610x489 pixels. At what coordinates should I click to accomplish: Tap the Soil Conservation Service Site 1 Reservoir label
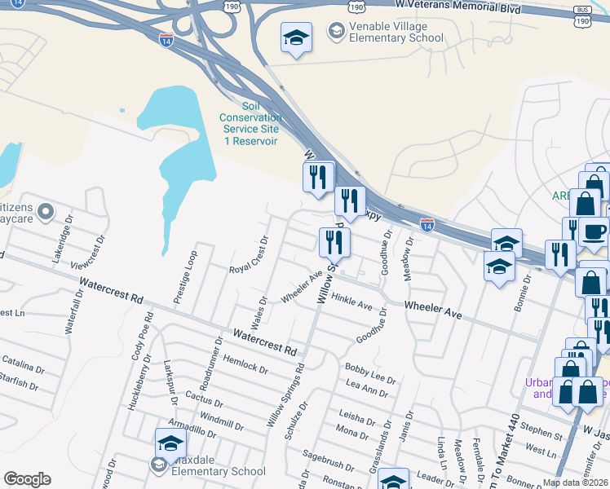click(x=250, y=124)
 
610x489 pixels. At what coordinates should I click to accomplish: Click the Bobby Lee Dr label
click(x=370, y=372)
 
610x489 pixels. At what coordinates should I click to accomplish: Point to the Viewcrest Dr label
click(x=90, y=253)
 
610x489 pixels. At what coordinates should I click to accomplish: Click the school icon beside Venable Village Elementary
click(x=296, y=37)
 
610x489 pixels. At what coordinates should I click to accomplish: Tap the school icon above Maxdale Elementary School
click(x=170, y=443)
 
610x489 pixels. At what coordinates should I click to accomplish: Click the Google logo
click(x=27, y=478)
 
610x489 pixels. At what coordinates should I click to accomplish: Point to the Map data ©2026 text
click(x=575, y=482)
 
